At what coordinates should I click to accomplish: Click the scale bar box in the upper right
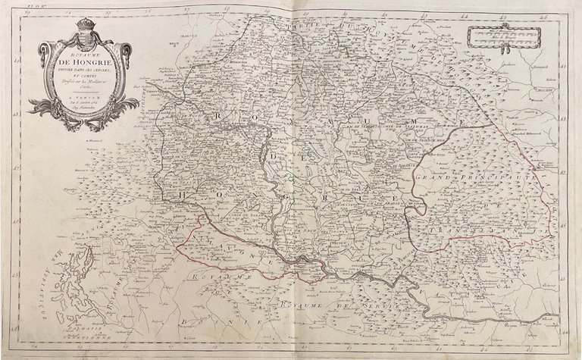[x=503, y=33]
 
